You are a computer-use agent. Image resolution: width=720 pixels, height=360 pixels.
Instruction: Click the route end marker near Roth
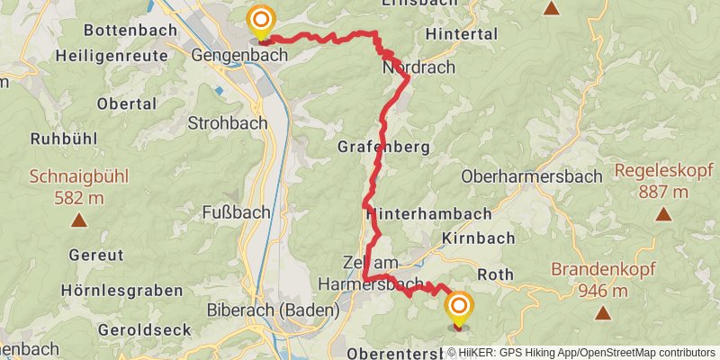pos(458,308)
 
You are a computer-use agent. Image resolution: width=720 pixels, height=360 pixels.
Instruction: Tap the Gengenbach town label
pos(239,55)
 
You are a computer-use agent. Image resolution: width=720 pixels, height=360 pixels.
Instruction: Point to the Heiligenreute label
pos(112,55)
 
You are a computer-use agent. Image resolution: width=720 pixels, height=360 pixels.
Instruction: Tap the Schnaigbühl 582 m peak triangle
pos(79,220)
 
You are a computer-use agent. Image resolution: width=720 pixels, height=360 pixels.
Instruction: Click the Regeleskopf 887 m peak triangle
pos(663,214)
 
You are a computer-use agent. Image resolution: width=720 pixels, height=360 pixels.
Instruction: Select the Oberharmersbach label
pos(531,176)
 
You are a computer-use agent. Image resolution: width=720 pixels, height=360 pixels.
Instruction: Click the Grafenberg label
pos(383,147)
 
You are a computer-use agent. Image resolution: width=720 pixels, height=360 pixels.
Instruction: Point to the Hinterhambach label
pos(429,214)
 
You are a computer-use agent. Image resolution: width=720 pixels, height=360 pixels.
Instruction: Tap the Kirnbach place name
pos(478,238)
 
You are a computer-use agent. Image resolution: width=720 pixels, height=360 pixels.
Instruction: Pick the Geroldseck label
pos(148,329)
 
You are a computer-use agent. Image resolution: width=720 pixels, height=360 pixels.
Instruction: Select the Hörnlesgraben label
pos(121,291)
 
